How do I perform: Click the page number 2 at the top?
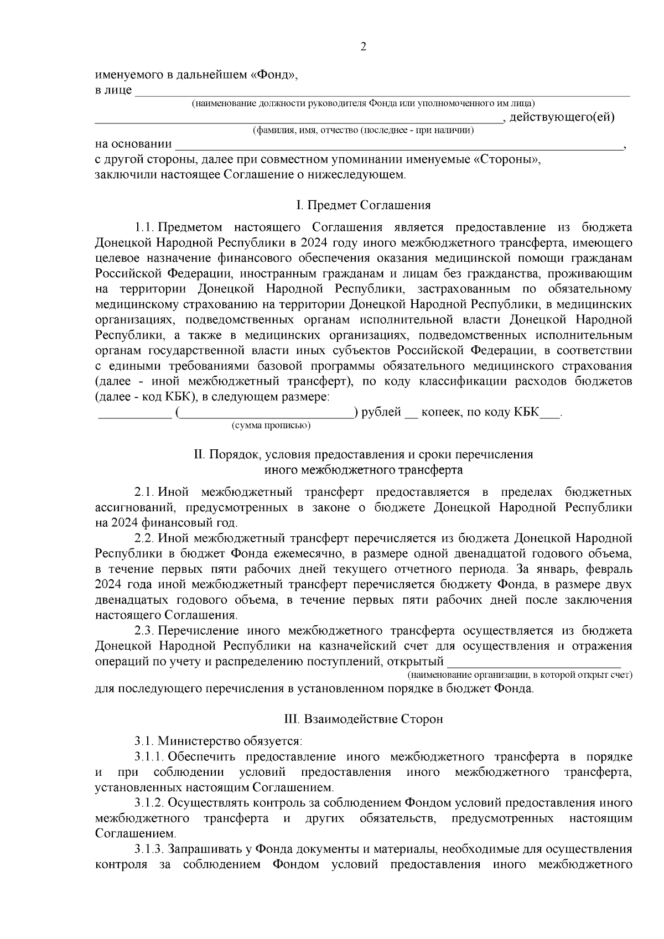[x=364, y=47]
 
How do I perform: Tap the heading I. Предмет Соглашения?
[x=364, y=206]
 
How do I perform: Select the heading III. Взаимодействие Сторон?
[x=364, y=719]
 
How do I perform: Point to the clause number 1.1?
[x=144, y=227]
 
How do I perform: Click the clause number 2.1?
[x=144, y=492]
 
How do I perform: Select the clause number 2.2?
[x=144, y=538]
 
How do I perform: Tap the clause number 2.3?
[x=144, y=631]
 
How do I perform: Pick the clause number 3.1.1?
[x=149, y=756]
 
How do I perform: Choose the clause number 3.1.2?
[x=149, y=803]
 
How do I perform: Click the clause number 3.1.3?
[x=149, y=849]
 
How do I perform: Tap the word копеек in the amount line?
[x=445, y=413]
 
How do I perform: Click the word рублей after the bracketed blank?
[x=381, y=413]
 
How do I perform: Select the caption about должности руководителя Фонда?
[x=363, y=103]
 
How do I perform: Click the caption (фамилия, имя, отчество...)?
[x=363, y=131]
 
